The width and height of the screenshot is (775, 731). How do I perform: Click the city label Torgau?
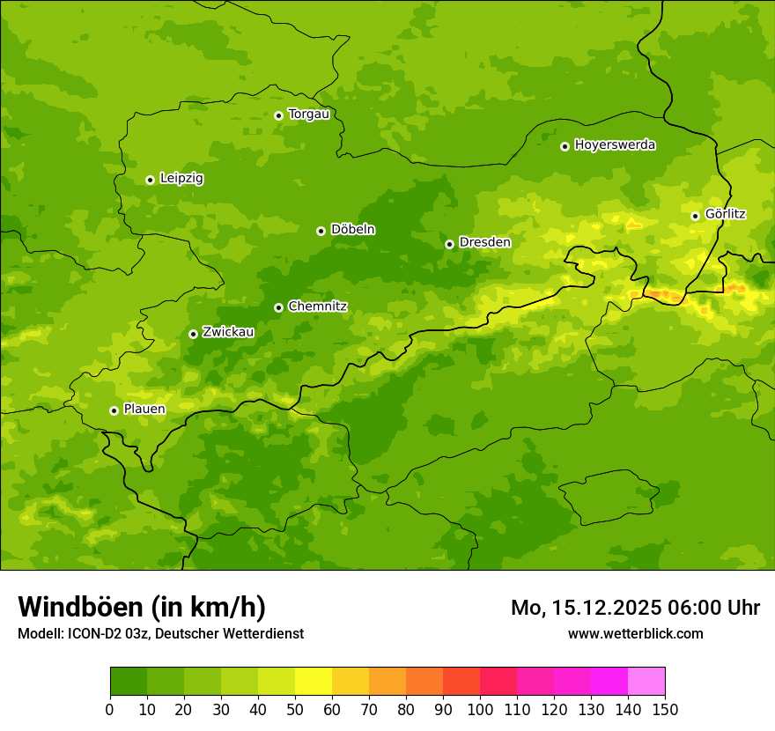(308, 114)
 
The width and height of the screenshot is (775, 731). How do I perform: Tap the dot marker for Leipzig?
(150, 180)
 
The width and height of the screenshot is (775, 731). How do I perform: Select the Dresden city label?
(484, 242)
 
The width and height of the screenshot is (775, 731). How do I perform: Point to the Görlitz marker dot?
(695, 216)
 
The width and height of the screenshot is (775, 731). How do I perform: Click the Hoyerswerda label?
(615, 145)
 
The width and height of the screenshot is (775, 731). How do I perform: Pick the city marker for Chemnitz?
(278, 307)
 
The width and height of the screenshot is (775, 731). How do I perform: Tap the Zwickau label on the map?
(228, 333)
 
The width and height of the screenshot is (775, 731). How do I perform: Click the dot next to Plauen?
(114, 410)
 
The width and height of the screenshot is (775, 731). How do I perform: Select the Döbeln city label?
(352, 230)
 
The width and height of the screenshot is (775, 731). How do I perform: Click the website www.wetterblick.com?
(635, 633)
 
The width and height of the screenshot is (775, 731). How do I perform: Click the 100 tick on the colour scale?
(480, 709)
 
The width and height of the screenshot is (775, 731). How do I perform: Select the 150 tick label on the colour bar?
(665, 709)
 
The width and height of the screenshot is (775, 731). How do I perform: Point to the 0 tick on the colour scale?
(110, 709)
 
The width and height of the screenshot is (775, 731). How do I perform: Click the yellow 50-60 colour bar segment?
(314, 682)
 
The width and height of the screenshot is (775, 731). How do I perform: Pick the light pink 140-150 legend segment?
(646, 682)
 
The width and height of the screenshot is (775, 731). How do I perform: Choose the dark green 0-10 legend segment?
(129, 682)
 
